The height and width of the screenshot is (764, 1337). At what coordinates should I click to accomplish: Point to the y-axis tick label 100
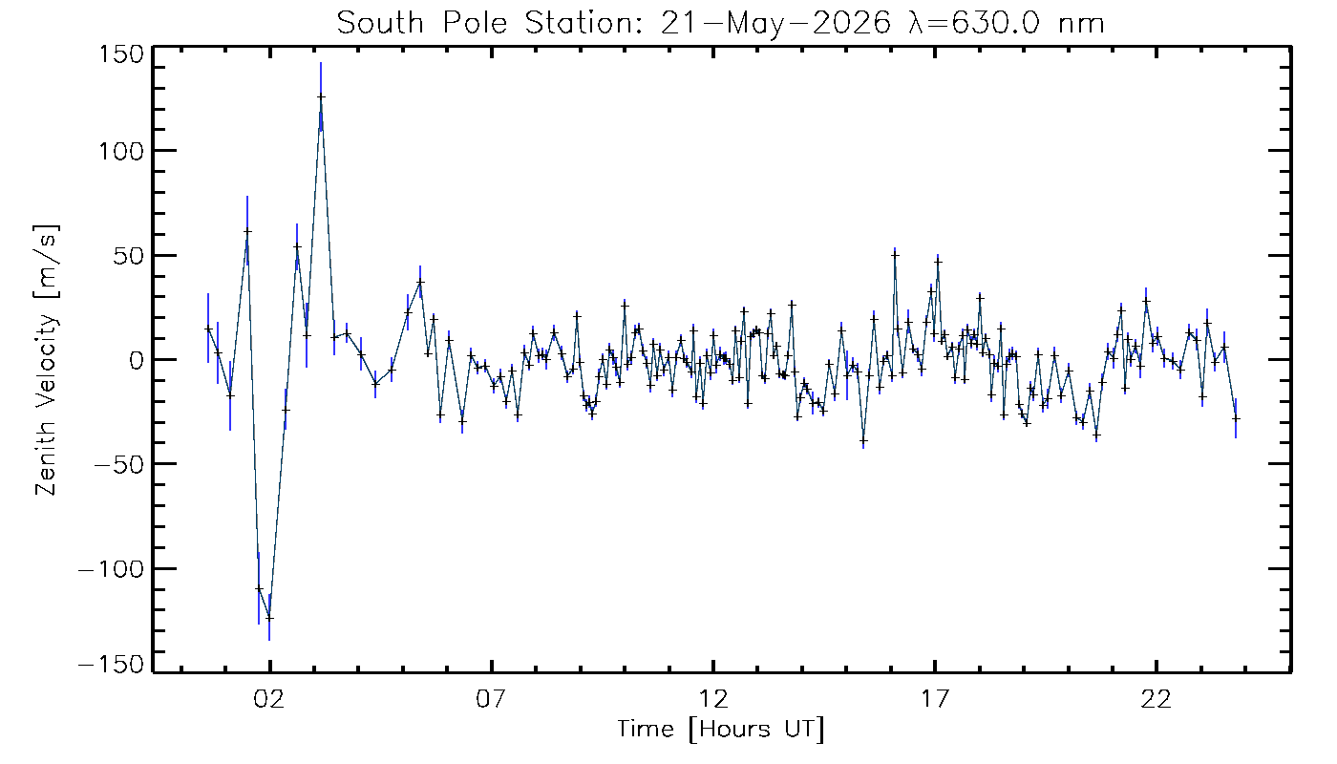(x=121, y=151)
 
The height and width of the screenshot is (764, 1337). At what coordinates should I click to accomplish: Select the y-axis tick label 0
(x=137, y=360)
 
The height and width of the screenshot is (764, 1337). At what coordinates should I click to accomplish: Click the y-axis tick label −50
(x=119, y=464)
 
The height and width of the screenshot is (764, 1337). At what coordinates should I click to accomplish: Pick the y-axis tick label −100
(x=112, y=569)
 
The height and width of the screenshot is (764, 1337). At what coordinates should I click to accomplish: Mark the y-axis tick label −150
(x=112, y=665)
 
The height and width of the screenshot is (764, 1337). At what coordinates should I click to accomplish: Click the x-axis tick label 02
(x=269, y=698)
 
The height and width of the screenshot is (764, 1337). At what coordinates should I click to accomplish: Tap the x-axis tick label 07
(x=491, y=698)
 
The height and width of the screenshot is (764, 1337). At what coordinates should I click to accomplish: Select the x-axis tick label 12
(x=713, y=698)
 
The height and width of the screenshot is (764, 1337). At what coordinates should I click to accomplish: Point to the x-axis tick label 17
(x=935, y=698)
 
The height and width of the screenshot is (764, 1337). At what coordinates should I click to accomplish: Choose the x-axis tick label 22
(x=1157, y=698)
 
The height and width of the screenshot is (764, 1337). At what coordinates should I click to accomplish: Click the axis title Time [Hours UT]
(x=720, y=730)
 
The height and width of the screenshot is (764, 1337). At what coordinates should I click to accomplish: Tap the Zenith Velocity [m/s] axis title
(x=46, y=360)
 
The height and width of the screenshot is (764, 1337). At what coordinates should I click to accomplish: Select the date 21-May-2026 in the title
(x=775, y=24)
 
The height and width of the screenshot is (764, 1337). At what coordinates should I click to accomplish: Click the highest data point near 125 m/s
(x=321, y=96)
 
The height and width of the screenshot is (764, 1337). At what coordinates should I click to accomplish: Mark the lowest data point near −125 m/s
(x=269, y=618)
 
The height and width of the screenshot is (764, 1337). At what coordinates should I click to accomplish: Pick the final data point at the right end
(x=1236, y=418)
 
